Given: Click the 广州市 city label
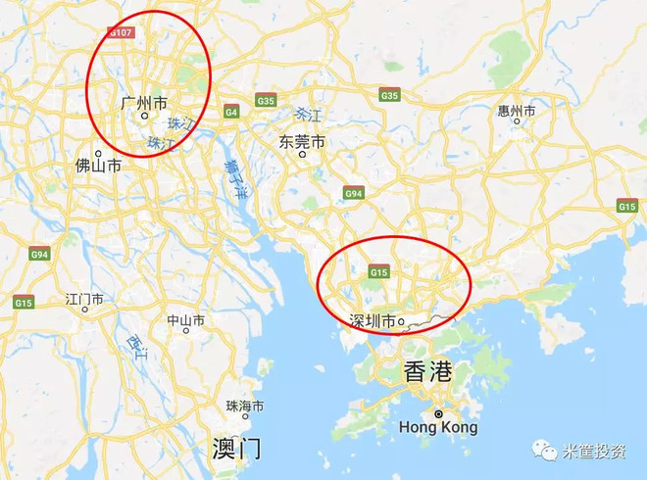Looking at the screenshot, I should tap(143, 102).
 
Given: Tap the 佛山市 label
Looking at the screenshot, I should tap(98, 167).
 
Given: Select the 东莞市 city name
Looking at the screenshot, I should tap(301, 141).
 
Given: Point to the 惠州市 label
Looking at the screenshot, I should tap(517, 112).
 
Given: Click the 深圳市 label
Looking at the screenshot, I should tap(373, 320).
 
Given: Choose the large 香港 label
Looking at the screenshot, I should tap(428, 371).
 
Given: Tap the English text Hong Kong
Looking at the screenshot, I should tap(438, 428).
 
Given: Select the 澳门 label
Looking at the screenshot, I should tap(237, 449).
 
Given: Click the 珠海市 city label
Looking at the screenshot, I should tap(245, 406).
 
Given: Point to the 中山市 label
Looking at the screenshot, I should tap(185, 320).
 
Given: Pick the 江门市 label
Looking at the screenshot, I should tap(84, 298).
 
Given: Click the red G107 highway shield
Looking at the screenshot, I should tap(120, 32).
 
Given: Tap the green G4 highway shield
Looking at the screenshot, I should tap(231, 112).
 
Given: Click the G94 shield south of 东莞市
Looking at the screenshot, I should tap(354, 194).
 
